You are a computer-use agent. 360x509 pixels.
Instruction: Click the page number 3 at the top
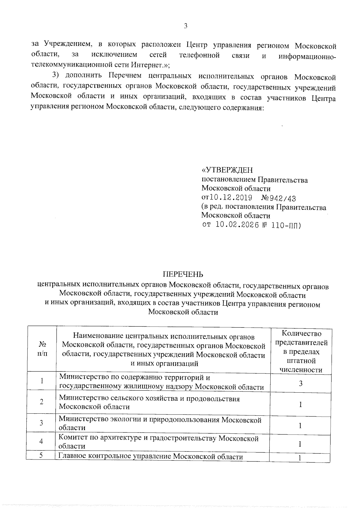185,26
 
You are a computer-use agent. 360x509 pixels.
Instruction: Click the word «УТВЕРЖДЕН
227,170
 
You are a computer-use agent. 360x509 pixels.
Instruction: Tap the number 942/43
283,198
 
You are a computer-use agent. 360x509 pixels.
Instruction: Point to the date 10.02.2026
237,225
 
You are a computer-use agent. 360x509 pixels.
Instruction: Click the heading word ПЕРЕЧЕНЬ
183,274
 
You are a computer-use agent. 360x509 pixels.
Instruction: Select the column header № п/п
42,349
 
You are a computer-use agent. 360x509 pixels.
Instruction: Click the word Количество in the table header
301,334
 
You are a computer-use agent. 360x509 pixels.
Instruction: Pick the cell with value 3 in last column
300,383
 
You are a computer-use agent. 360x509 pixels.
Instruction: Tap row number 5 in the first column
42,456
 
